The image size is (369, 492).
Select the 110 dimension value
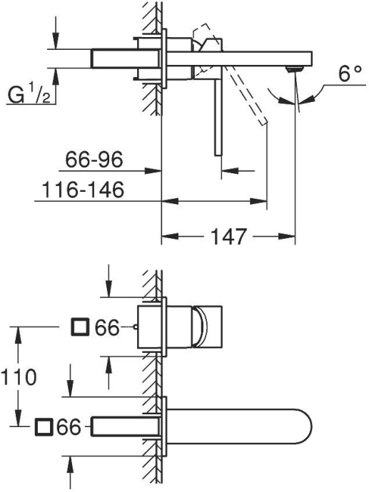(x=19, y=377)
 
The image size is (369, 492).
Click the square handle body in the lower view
(x=208, y=327)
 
